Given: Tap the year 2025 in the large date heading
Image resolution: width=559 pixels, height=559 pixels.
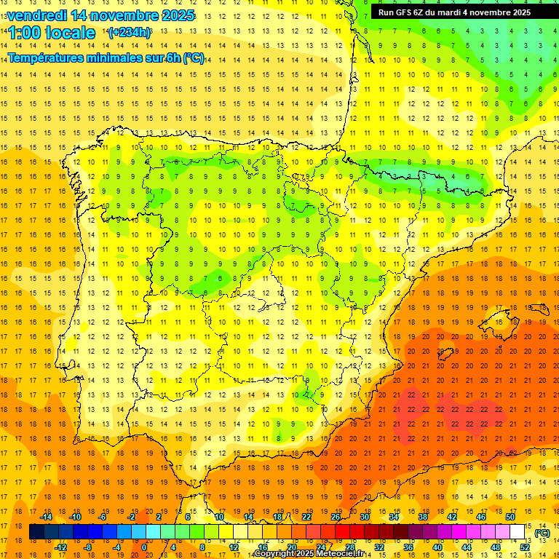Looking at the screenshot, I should tap(173, 15).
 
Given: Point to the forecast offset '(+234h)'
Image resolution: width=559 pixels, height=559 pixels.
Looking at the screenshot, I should tap(130, 32).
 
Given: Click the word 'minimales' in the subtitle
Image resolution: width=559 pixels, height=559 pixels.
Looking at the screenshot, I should tap(122, 58).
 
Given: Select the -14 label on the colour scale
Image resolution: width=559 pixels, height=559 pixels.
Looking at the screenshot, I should tap(46, 517).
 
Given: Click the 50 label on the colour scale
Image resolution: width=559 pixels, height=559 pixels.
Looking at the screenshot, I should tap(511, 517).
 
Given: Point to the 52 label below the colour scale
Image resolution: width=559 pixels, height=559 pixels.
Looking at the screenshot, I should tap(525, 547).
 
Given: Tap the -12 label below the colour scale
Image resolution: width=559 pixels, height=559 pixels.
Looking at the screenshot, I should tap(60, 547).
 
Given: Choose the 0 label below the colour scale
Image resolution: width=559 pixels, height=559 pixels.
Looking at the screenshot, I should tap(144, 547).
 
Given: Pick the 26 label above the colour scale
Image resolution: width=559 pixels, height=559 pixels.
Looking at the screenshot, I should tap(336, 517).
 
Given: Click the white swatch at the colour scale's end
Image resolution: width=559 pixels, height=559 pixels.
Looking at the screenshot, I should tap(517, 532).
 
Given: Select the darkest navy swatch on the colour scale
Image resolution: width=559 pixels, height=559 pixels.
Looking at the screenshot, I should tap(36, 532).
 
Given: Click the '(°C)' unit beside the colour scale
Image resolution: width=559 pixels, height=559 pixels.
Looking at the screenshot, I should tap(542, 533).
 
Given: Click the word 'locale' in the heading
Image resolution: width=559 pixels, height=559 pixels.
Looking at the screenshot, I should tap(69, 33).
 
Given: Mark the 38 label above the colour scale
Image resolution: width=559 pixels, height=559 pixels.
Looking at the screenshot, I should tap(423, 517).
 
